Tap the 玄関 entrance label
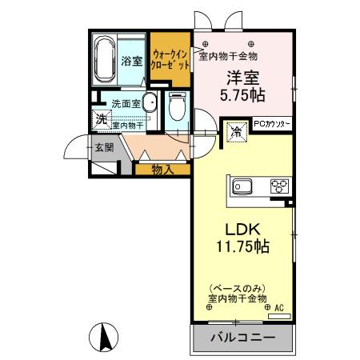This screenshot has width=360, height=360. (102, 147)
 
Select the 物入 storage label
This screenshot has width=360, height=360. (163, 170)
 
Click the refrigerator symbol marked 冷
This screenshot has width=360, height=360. (237, 131)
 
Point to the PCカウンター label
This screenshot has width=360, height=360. (273, 125)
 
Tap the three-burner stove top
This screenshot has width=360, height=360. (278, 188)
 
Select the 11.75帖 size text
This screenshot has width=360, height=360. (241, 246)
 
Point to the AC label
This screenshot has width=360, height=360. (279, 307)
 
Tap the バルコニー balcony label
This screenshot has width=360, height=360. (242, 338)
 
